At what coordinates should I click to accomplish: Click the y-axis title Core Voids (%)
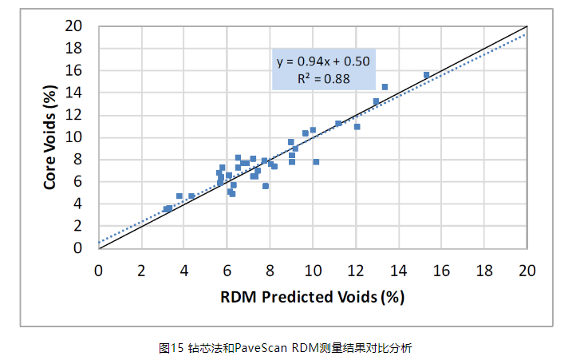[50, 137]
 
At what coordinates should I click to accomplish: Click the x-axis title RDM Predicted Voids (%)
[312, 297]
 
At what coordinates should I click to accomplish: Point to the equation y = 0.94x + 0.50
[323, 61]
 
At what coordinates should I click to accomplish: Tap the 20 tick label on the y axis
[73, 26]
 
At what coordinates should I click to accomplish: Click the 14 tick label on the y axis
[73, 93]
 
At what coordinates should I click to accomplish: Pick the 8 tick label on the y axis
[77, 160]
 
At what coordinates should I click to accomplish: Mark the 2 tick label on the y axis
[77, 227]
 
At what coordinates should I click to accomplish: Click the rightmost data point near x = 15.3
[427, 75]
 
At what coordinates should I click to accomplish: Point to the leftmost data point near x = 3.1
[166, 209]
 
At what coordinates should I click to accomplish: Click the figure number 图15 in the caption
[172, 348]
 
